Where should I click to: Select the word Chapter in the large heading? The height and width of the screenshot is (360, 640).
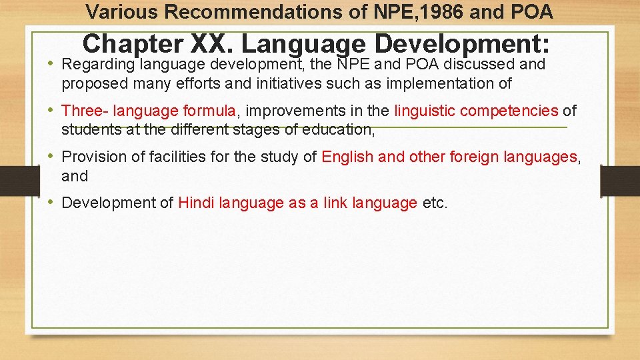pyautogui.click(x=133, y=44)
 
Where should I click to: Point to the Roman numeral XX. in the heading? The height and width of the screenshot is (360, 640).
pyautogui.click(x=212, y=44)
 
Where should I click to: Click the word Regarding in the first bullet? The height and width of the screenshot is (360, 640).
pyautogui.click(x=97, y=65)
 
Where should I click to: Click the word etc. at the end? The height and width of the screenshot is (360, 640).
pyautogui.click(x=435, y=203)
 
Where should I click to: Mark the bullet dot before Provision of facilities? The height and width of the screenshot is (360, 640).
pyautogui.click(x=51, y=157)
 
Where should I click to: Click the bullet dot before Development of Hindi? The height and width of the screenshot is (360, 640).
pyautogui.click(x=51, y=203)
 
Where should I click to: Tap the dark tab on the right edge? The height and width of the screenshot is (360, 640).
pyautogui.click(x=619, y=181)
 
